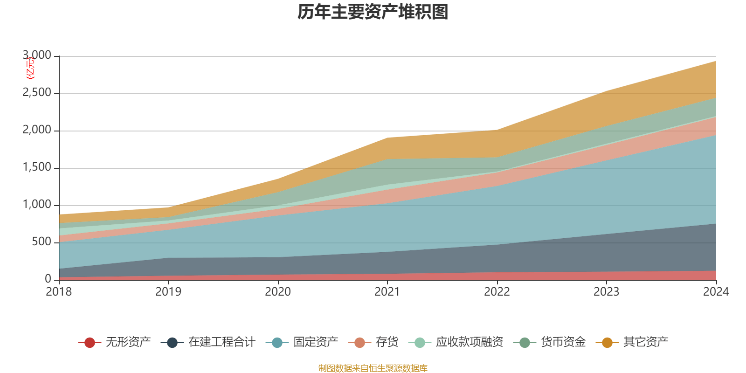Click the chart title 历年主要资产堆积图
[373, 12]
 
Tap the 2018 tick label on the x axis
[59, 292]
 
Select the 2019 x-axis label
[168, 292]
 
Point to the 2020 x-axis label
[278, 292]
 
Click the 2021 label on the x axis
[387, 292]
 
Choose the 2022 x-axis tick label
[497, 292]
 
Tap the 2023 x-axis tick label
[606, 292]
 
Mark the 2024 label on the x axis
[716, 292]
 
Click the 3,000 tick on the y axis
[37, 55]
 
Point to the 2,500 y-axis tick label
[37, 93]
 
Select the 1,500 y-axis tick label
[37, 167]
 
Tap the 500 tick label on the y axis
[41, 242]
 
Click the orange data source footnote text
[373, 368]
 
